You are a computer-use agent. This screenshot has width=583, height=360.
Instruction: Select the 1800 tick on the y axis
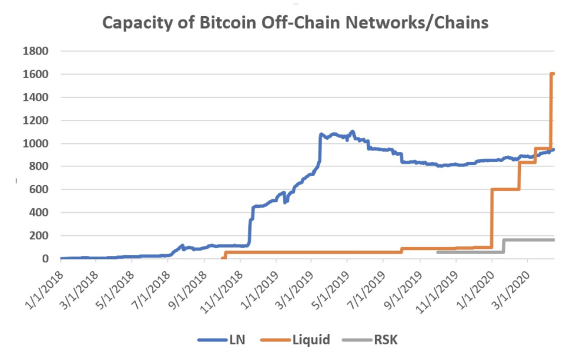(36, 51)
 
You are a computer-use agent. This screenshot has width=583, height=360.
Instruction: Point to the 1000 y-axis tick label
(36, 144)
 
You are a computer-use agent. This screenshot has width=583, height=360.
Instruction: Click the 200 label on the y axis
(38, 236)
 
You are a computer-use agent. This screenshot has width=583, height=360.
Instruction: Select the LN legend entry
(221, 340)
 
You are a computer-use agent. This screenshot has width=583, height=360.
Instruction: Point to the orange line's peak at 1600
(552, 74)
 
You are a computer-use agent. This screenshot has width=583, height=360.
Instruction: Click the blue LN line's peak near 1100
(352, 131)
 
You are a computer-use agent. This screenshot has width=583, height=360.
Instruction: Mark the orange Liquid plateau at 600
(505, 189)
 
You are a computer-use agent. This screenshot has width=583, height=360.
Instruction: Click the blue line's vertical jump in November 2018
(250, 227)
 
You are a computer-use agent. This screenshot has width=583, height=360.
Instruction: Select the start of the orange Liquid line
(222, 258)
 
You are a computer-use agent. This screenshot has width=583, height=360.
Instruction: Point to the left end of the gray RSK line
(437, 252)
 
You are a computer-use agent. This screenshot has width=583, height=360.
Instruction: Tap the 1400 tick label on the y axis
(36, 97)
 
